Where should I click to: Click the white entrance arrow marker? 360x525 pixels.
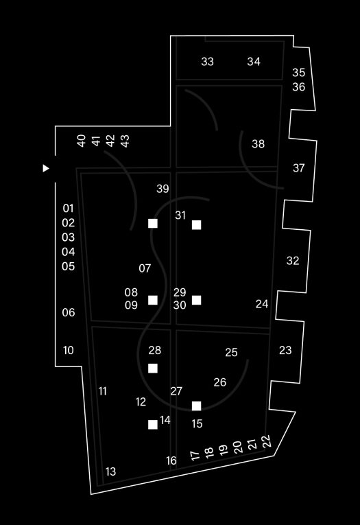pos(46,168)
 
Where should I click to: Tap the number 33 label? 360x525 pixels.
pos(208,62)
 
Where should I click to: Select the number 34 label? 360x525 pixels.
pos(254,62)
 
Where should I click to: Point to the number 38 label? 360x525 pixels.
pos(258,144)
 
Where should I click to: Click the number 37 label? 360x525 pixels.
pos(299,167)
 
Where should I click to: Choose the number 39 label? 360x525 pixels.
pos(163,189)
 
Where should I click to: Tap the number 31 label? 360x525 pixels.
pos(180,215)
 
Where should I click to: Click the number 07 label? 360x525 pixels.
pos(145,268)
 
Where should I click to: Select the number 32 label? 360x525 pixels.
pos(293,261)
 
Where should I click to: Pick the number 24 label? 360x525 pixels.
pos(262,304)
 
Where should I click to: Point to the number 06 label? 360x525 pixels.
pos(69,313)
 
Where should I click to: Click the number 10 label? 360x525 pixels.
pos(69,351)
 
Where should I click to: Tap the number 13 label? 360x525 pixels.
pos(110,471)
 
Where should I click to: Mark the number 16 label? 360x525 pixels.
pos(171,460)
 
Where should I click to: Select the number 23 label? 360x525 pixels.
pos(285,350)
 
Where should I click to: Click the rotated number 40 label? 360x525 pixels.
pos(82,141)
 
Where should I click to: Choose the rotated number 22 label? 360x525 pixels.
pos(267,441)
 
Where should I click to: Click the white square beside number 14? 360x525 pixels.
pos(153,425)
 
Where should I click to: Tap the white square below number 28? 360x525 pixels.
pos(153,369)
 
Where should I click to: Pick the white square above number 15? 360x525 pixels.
pos(196,406)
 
